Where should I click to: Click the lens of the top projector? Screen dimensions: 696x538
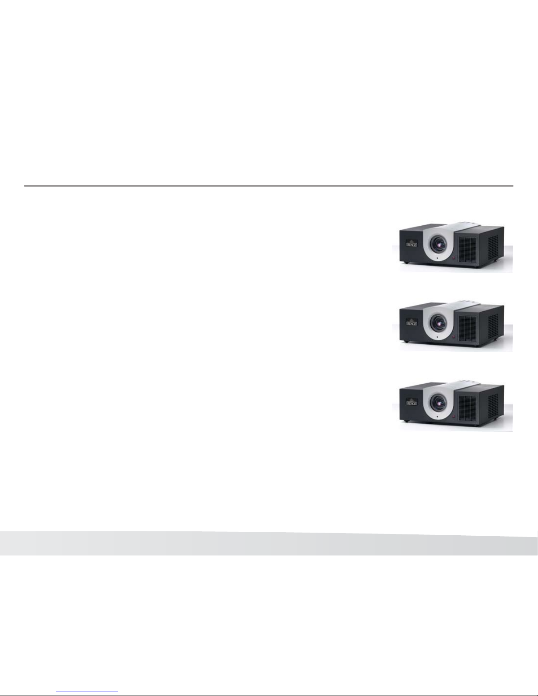tap(438, 243)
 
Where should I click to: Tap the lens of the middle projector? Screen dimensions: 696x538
tap(438, 322)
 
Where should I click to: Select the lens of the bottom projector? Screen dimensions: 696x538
tap(438, 401)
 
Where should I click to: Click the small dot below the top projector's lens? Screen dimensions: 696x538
tap(438, 259)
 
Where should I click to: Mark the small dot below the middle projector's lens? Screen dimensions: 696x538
tap(438, 338)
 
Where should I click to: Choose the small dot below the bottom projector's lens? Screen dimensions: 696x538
tap(438, 417)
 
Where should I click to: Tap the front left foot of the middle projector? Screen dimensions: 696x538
tap(408, 342)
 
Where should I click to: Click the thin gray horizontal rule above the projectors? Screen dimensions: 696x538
tap(268, 186)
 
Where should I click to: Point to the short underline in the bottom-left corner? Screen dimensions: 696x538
tap(87, 692)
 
